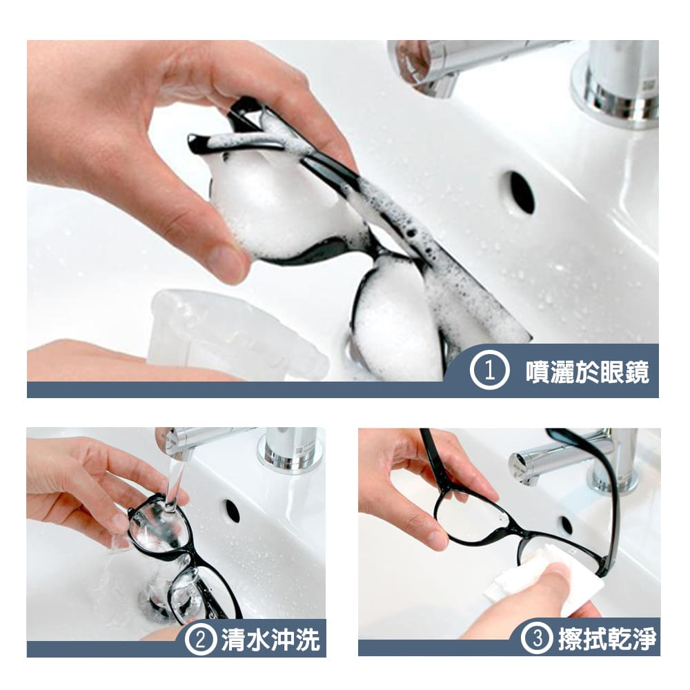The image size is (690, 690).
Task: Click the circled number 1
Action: (489, 372)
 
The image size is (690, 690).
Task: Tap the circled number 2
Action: (201, 639)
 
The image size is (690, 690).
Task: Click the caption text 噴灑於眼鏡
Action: (587, 373)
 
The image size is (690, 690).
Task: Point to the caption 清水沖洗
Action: (270, 640)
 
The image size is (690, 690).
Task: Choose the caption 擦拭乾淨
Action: (607, 638)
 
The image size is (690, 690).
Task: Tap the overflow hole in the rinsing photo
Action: (232, 511)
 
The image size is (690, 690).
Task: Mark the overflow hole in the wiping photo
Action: (566, 525)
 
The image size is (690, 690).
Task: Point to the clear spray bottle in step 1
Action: (237, 333)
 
